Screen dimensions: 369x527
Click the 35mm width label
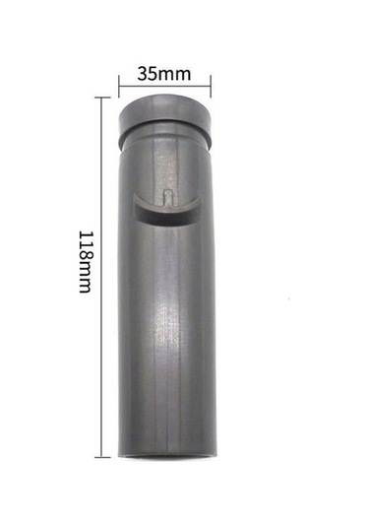(164, 74)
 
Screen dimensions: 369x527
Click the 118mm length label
(86, 262)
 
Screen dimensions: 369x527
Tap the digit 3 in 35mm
(143, 74)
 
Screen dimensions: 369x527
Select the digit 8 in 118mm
(86, 254)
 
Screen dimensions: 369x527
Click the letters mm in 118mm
(86, 277)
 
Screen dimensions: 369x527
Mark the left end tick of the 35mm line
(119, 87)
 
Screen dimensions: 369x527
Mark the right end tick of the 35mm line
(211, 87)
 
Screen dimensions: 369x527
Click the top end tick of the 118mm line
(102, 98)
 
